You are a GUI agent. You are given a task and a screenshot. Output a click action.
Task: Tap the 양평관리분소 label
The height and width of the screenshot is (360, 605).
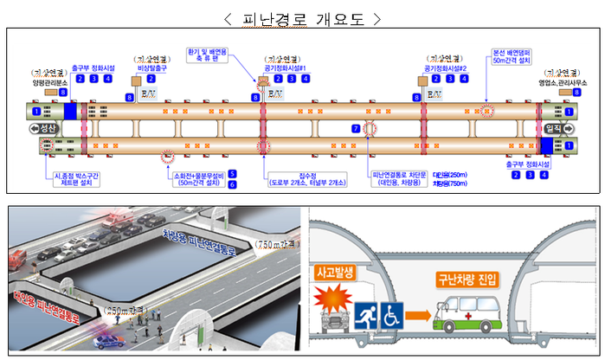49,81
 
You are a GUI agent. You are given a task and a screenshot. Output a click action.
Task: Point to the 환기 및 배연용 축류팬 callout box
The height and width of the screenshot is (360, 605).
211,55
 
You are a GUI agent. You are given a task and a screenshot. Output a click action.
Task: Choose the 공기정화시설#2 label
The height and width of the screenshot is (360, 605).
445,67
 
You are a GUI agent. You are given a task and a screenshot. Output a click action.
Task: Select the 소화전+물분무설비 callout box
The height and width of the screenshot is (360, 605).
198,179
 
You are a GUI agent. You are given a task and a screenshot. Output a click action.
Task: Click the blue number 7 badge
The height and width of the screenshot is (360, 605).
355,128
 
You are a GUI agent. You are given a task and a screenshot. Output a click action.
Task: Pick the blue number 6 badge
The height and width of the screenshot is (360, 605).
232,184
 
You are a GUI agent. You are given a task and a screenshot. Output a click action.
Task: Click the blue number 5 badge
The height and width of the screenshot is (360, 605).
232,174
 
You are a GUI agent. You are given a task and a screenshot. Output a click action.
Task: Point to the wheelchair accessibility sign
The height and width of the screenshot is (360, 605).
393,315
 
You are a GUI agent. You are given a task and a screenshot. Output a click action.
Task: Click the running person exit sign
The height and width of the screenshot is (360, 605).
367,315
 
